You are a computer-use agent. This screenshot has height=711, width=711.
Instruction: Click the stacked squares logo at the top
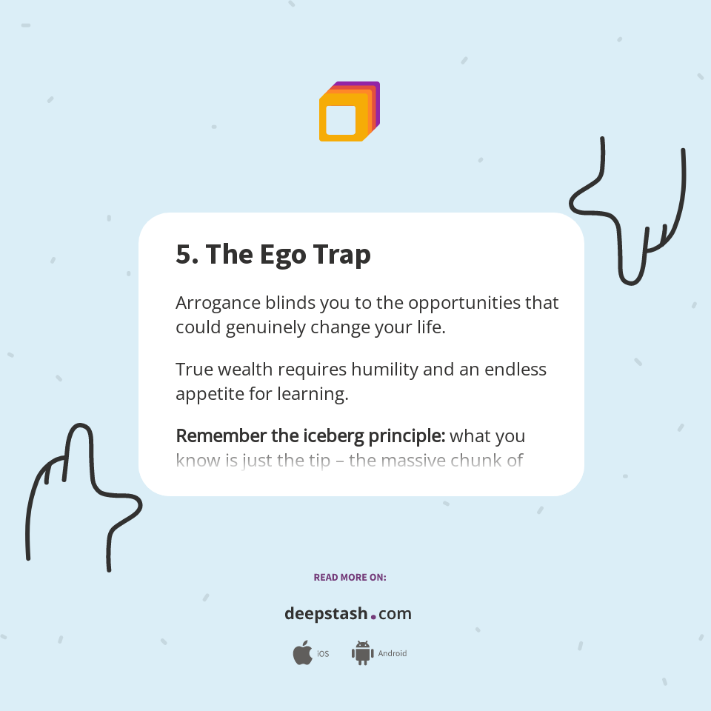(349, 112)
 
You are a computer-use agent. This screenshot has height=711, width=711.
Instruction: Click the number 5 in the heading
(183, 255)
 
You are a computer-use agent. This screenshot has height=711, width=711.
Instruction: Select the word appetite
(210, 394)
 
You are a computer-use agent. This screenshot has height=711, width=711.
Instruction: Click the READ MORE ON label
(350, 577)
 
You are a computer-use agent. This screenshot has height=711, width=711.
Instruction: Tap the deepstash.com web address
(348, 614)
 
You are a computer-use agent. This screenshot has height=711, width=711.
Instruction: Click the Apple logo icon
(302, 653)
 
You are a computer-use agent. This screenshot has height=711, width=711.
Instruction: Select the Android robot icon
(362, 653)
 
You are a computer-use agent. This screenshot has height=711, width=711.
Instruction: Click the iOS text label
(323, 654)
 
